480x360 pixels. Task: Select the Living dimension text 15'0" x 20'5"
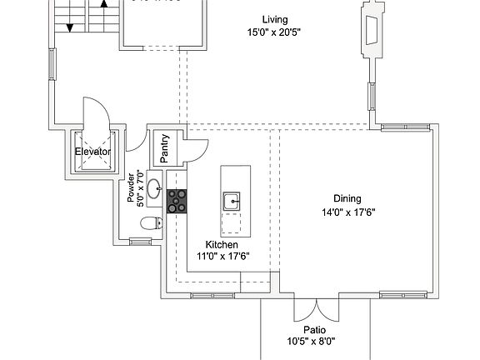[273, 33]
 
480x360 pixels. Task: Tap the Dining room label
[347, 198]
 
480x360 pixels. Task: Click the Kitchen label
[222, 245]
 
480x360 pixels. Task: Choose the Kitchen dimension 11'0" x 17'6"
[222, 257]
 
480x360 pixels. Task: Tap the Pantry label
[164, 148]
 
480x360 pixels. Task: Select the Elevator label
[92, 152]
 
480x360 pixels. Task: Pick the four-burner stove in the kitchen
[177, 201]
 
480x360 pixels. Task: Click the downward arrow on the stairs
[70, 25]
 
